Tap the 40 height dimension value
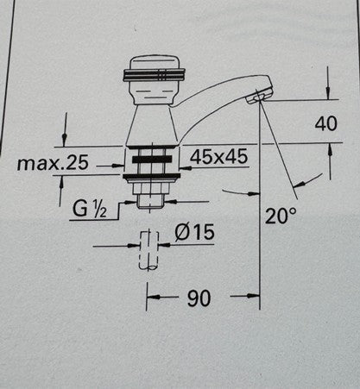tap(325, 124)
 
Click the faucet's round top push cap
tap(154, 68)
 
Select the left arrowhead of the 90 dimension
tap(149, 298)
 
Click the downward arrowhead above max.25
tap(64, 141)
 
